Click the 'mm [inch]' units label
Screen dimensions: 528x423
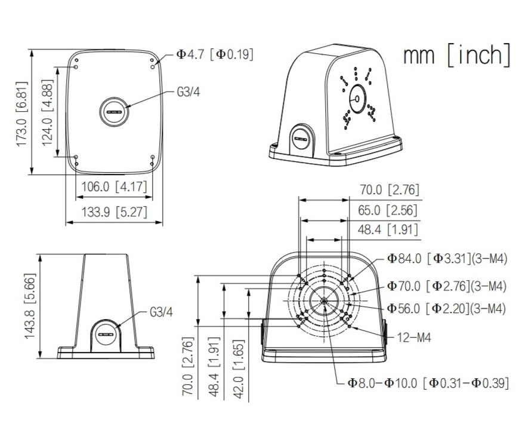(456, 55)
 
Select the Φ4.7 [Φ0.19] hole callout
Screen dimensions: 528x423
(215, 54)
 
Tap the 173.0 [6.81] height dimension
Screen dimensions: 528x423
(21, 114)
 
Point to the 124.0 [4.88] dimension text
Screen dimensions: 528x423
(48, 113)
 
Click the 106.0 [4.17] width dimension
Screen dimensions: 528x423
(115, 186)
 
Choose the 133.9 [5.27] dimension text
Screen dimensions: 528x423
(115, 212)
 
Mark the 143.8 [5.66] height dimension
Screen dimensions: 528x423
(30, 306)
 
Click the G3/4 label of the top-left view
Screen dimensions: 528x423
(189, 92)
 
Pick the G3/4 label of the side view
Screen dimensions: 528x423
(161, 312)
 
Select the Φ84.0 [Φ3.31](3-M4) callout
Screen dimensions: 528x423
(447, 259)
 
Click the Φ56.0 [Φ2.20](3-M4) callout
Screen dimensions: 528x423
(446, 308)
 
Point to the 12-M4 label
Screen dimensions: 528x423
(414, 337)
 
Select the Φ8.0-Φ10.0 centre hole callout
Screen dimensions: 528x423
(428, 382)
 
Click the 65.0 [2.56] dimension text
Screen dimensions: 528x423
(388, 210)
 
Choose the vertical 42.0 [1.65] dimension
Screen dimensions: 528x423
(239, 369)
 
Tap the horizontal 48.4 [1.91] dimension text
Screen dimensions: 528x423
(388, 229)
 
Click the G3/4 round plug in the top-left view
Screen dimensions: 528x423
(114, 112)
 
